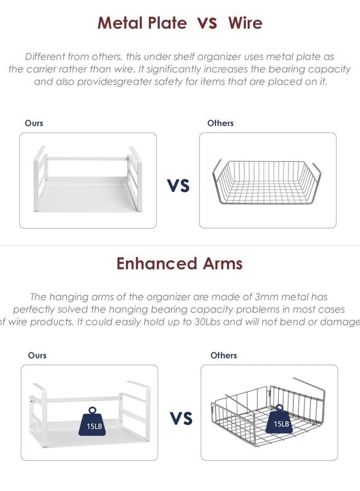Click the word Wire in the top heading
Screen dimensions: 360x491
[245, 23]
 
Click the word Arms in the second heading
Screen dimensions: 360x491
[223, 264]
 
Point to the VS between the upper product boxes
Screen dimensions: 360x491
[178, 185]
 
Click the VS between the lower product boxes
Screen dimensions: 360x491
[181, 418]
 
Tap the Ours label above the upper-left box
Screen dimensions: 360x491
[34, 123]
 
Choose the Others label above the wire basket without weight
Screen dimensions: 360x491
[220, 123]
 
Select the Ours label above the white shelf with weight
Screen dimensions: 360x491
[37, 355]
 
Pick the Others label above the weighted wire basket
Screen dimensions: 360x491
[224, 355]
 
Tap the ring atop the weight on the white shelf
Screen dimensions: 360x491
[92, 410]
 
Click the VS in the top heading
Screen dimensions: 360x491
[207, 23]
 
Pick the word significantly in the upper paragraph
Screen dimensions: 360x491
[174, 69]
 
